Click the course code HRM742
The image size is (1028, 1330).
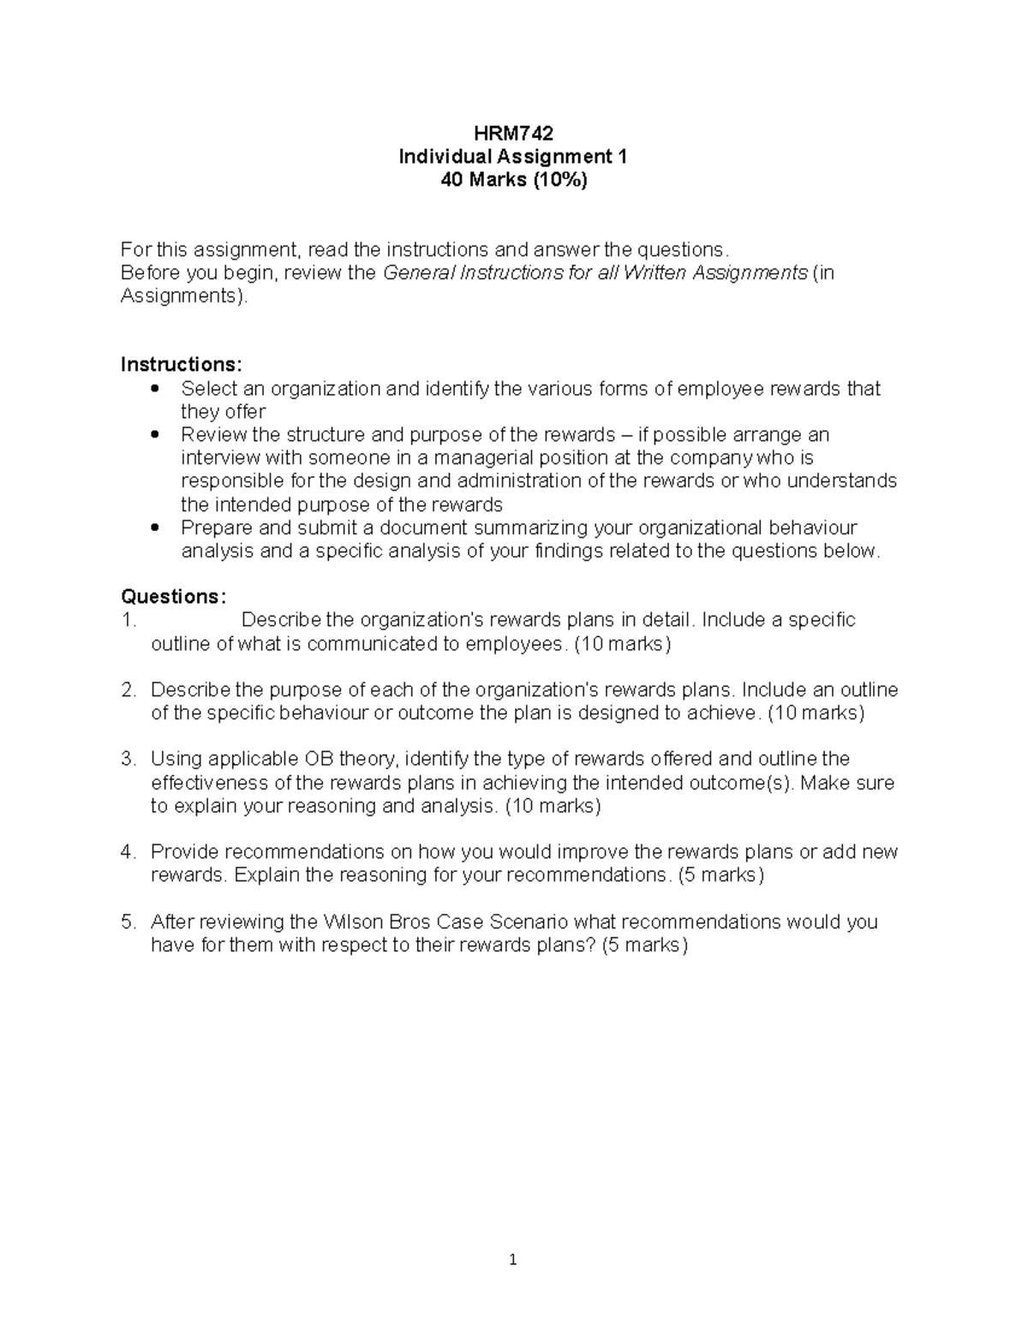pyautogui.click(x=513, y=134)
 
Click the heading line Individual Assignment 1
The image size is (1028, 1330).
pyautogui.click(x=513, y=157)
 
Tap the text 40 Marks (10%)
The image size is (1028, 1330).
pyautogui.click(x=513, y=180)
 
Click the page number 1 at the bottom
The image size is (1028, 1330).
pyautogui.click(x=513, y=1259)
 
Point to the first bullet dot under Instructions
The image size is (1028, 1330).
pyautogui.click(x=154, y=389)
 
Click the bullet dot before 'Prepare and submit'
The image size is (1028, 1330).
pyautogui.click(x=154, y=528)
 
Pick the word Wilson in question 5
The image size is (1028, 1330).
pyautogui.click(x=354, y=922)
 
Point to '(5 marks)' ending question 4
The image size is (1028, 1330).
pyautogui.click(x=720, y=875)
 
